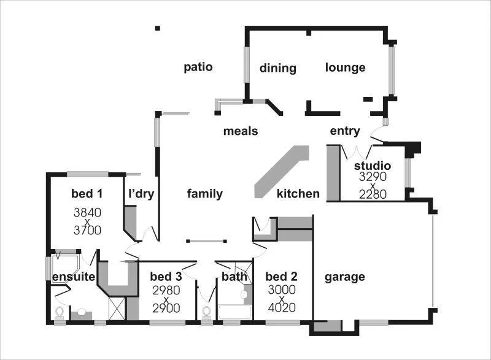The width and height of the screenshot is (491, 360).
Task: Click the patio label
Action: [x=198, y=67]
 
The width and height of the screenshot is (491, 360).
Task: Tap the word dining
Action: [x=277, y=68]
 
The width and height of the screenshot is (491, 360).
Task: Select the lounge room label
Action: [x=345, y=67]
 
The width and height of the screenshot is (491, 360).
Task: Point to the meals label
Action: [x=241, y=131]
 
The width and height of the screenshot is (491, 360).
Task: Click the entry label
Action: [x=345, y=131]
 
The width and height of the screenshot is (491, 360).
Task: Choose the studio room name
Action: [x=373, y=166]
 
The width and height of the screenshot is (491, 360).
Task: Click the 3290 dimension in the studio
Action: [x=373, y=177]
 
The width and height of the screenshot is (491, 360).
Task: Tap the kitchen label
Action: [x=298, y=194]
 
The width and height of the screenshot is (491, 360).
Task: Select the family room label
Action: [x=204, y=194]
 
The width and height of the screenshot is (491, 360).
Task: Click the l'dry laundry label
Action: [x=141, y=194]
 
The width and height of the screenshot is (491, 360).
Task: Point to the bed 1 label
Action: [x=87, y=194]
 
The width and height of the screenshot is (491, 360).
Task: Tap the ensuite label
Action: [x=72, y=277]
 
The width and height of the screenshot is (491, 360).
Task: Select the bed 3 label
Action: [x=166, y=277]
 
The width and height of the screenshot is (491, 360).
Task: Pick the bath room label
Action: [x=234, y=277]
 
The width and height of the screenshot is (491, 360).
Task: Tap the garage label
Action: [x=344, y=277]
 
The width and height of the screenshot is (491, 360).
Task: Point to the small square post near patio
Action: [x=158, y=28]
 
